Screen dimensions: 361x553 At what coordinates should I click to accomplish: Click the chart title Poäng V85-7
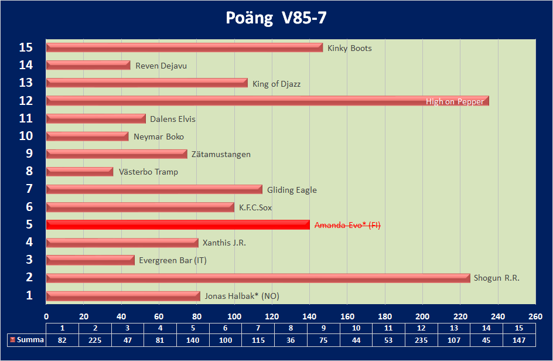click(276, 18)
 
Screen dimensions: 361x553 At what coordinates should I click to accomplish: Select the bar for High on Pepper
click(267, 101)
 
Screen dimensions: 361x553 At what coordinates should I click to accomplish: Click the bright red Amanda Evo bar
click(177, 224)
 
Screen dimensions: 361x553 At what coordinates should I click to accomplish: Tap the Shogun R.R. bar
click(258, 278)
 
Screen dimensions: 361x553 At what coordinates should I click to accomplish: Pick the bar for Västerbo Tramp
click(80, 172)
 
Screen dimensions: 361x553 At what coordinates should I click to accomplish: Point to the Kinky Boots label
click(350, 48)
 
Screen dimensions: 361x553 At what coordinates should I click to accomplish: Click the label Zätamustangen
click(221, 154)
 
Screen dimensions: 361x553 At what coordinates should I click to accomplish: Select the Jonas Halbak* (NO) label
click(242, 296)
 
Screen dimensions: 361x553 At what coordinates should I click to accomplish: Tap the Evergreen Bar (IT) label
click(173, 260)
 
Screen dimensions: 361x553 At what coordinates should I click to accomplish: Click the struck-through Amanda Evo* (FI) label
click(347, 225)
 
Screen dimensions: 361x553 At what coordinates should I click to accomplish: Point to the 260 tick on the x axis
click(535, 317)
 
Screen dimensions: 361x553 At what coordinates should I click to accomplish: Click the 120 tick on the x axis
click(272, 317)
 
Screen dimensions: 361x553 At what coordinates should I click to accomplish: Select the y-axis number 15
click(25, 47)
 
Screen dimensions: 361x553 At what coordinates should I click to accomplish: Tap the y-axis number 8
click(29, 172)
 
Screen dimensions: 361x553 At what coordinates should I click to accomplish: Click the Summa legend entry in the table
click(26, 340)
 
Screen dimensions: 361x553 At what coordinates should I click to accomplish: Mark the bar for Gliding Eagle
click(154, 189)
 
